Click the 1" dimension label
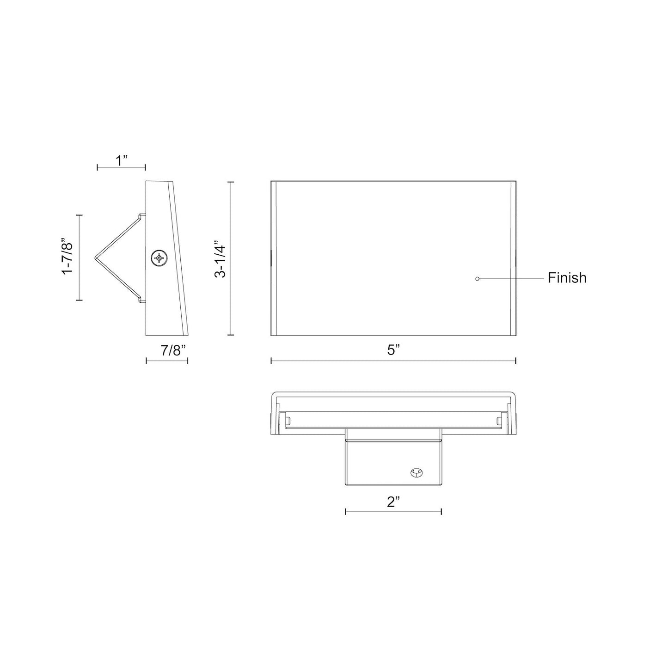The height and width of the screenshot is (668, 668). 121,161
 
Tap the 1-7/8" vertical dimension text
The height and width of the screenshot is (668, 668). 68,257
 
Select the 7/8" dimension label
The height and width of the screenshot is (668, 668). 173,351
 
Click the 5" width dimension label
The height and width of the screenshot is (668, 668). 393,351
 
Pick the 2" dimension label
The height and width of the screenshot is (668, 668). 393,503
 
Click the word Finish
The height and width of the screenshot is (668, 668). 567,278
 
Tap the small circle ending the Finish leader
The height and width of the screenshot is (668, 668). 478,279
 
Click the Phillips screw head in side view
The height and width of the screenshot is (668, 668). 159,258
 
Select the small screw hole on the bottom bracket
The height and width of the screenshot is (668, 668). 416,472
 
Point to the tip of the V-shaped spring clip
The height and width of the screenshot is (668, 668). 96,257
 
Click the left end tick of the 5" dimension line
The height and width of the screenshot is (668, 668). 271,361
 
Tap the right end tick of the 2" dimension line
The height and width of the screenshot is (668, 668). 441,511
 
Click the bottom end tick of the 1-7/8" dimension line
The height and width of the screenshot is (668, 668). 80,300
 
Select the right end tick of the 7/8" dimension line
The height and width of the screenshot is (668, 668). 187,361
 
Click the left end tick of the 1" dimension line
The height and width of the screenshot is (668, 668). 98,167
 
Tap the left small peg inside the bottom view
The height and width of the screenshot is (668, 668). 288,420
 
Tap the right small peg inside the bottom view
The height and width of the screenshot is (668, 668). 498,420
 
